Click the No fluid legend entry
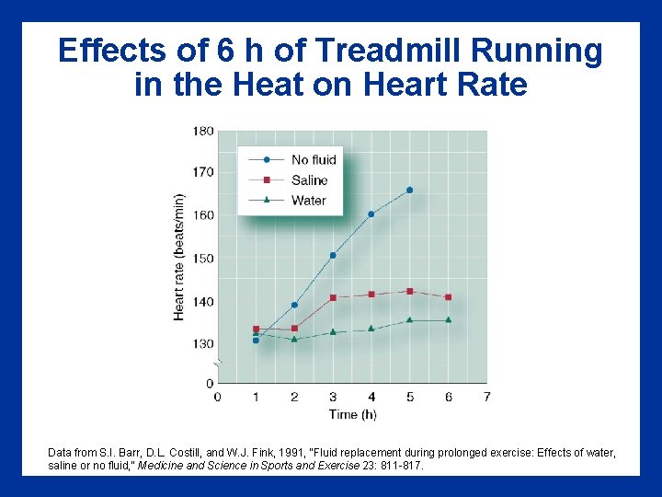314,159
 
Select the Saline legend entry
309,179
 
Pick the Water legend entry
308,200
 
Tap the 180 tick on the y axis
202,131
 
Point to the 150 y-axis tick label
202,258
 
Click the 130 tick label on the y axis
202,343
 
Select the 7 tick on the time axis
486,397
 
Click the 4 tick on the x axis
371,397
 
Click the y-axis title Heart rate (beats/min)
179,257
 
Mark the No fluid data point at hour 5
409,191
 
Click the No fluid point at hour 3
333,255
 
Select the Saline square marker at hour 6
448,297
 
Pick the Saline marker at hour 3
333,297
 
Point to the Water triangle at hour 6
448,320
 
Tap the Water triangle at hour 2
294,339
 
